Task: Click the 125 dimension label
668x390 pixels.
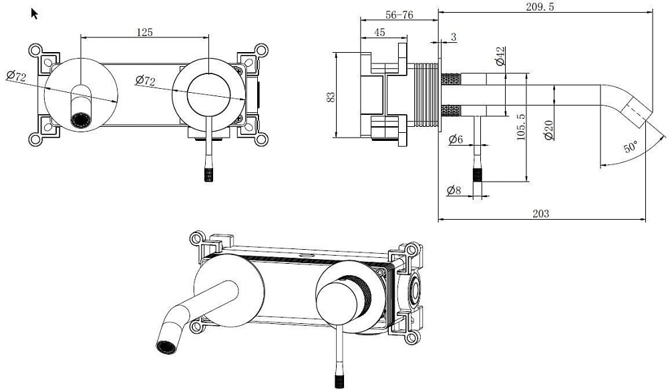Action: (x=144, y=32)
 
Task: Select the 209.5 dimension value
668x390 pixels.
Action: (x=540, y=7)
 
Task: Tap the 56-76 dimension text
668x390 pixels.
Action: (x=399, y=15)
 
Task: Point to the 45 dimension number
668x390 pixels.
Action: (x=379, y=32)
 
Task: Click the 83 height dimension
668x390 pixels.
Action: (x=331, y=97)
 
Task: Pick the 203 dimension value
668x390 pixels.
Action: (x=541, y=213)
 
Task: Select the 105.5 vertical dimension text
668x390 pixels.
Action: (x=520, y=127)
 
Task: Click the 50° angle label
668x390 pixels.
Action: (x=631, y=147)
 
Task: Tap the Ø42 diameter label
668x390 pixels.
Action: (x=500, y=56)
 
